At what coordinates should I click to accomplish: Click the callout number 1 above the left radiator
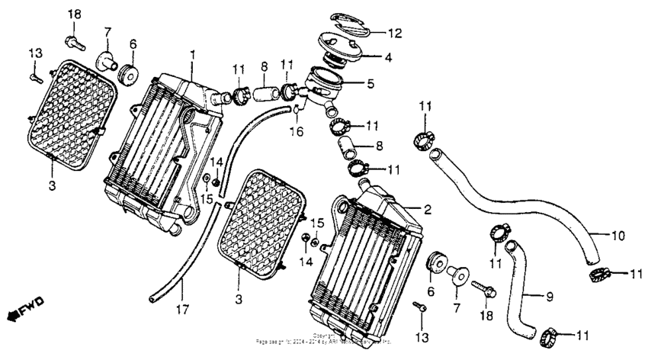click(193, 55)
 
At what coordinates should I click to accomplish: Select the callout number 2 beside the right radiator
click(428, 209)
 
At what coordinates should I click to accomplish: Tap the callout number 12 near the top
click(394, 33)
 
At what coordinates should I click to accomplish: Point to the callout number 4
click(388, 56)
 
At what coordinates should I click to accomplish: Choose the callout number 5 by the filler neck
click(371, 85)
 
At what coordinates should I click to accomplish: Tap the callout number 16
click(297, 132)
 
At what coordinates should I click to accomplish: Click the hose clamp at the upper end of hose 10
click(426, 140)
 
